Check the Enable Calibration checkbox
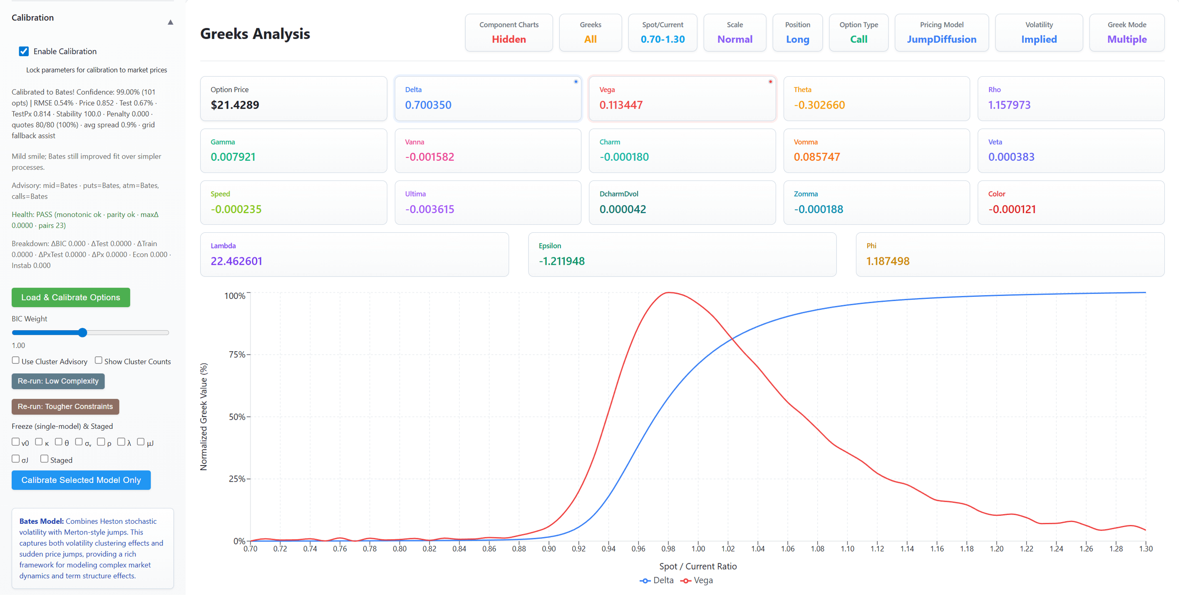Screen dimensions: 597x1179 (x=24, y=51)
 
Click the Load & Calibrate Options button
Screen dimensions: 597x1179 (x=70, y=298)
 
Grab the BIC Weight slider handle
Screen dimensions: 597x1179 (x=82, y=333)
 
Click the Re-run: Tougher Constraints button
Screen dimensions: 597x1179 (x=65, y=407)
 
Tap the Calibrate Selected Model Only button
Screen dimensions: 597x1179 (x=81, y=480)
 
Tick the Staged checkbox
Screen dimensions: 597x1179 (x=45, y=459)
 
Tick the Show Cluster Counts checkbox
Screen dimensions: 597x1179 (x=98, y=361)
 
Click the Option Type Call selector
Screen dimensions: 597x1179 (x=858, y=32)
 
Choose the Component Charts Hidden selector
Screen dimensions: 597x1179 (x=509, y=32)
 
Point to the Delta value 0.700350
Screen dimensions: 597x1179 (x=428, y=105)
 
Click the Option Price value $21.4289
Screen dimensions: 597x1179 (x=235, y=105)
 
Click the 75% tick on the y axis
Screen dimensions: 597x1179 (x=237, y=354)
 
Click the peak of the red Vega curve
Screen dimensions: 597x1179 (x=668, y=293)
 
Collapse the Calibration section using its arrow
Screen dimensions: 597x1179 (x=170, y=22)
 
